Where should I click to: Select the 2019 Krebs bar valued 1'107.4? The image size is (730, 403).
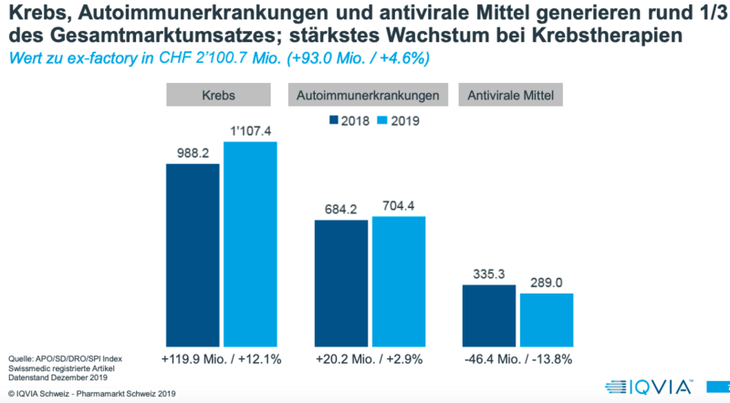[249, 240]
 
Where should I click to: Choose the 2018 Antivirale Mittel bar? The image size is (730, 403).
[488, 311]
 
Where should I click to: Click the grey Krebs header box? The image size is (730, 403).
[220, 95]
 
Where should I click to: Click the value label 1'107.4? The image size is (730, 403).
[250, 133]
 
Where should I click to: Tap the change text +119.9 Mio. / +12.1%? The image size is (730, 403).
[220, 358]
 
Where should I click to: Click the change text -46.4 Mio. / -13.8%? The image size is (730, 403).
[517, 358]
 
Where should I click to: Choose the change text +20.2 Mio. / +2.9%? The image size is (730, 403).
[370, 358]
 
